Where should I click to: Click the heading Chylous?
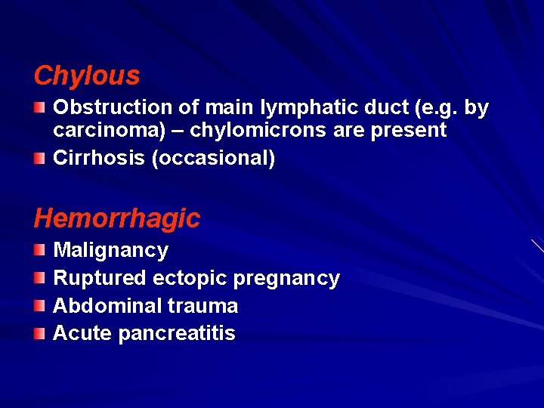pyautogui.click(x=87, y=76)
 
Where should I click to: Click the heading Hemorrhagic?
pyautogui.click(x=117, y=218)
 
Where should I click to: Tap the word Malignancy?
pyautogui.click(x=111, y=250)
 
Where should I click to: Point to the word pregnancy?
pyautogui.click(x=286, y=278)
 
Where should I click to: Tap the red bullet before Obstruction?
pyautogui.click(x=41, y=109)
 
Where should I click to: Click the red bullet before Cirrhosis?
pyautogui.click(x=41, y=159)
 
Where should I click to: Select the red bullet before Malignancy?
pyautogui.click(x=41, y=250)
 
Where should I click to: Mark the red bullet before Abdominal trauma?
pyautogui.click(x=41, y=306)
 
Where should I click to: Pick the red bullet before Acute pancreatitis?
pyautogui.click(x=41, y=333)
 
